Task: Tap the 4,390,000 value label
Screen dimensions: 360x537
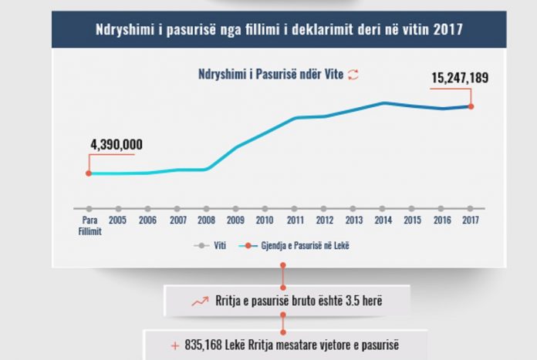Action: pyautogui.click(x=117, y=145)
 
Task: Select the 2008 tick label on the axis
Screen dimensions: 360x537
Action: pyautogui.click(x=206, y=219)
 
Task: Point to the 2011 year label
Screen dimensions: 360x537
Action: pyautogui.click(x=294, y=219)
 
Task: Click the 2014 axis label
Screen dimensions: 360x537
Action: pyautogui.click(x=383, y=219)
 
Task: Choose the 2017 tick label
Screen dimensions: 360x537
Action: pyautogui.click(x=470, y=219)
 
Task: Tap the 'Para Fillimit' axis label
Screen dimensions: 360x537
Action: pyautogui.click(x=89, y=224)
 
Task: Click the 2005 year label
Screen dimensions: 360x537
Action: pyautogui.click(x=118, y=219)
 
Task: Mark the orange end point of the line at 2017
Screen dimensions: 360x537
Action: pyautogui.click(x=471, y=106)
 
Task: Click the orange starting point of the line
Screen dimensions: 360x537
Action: pyautogui.click(x=89, y=173)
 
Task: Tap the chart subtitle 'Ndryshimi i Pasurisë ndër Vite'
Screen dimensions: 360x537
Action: pyautogui.click(x=267, y=75)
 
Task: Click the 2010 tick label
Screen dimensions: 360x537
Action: pyautogui.click(x=265, y=219)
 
